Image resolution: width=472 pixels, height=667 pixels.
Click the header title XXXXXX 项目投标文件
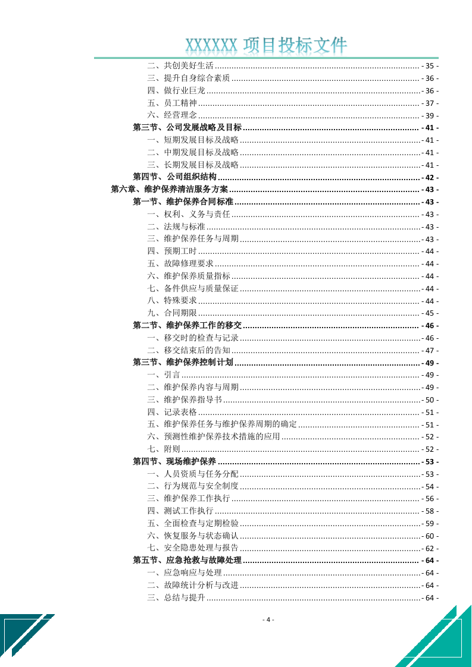266,46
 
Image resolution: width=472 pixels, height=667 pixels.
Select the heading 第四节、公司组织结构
174,177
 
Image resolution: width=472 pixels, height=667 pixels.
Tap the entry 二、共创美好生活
180,66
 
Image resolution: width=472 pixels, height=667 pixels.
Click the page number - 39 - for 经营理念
430,115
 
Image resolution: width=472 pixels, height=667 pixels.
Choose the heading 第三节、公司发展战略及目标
187,128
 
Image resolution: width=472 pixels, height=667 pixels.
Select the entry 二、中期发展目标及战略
193,153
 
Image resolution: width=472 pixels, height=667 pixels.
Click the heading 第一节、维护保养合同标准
183,202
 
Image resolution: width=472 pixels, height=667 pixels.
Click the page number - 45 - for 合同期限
430,313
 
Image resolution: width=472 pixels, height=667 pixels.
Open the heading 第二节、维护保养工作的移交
187,326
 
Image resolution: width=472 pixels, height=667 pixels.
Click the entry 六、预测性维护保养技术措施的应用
213,437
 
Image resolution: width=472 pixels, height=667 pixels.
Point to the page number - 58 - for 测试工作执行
430,511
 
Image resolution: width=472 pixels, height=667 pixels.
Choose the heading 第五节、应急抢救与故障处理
187,561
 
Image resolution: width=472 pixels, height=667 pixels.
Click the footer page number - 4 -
268,619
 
